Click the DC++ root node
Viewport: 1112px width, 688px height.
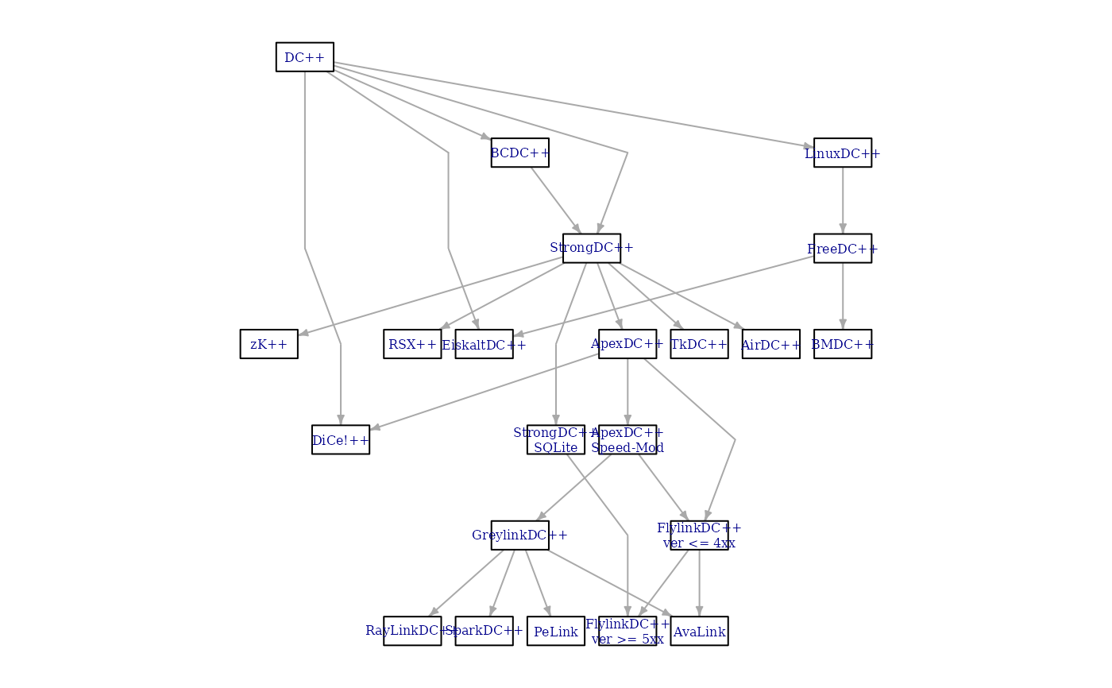(x=304, y=57)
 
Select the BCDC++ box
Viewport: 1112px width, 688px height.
(x=519, y=153)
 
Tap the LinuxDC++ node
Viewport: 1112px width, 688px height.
(x=842, y=153)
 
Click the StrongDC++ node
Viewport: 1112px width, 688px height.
(x=591, y=248)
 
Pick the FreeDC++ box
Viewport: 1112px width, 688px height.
(x=842, y=249)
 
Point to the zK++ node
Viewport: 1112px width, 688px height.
(x=268, y=344)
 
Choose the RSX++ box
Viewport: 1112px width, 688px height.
(x=412, y=344)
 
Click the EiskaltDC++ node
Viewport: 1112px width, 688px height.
(x=484, y=344)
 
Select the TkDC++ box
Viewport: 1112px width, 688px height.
(x=699, y=344)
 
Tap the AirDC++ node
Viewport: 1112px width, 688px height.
(x=770, y=344)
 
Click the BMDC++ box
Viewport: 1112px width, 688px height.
(x=842, y=344)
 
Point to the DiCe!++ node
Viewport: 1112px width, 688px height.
(x=340, y=440)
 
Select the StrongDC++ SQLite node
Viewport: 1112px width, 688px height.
(x=555, y=440)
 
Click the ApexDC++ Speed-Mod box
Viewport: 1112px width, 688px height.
(x=627, y=440)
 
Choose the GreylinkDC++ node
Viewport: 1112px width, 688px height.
(x=519, y=535)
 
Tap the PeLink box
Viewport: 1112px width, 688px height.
(x=555, y=632)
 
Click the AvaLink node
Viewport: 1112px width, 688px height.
(x=699, y=632)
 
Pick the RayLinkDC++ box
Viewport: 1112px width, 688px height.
(x=412, y=632)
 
